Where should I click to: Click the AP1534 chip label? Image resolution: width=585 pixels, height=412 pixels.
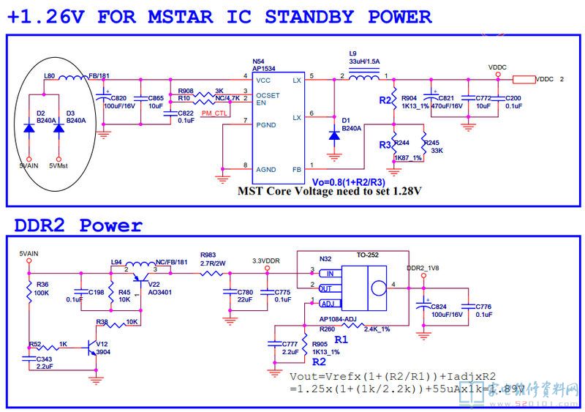pos(263,68)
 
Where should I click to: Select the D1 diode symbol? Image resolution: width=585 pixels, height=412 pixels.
pos(334,135)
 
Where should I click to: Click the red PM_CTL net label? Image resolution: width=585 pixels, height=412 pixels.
pos(214,113)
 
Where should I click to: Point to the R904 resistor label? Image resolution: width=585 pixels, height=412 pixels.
pos(409,97)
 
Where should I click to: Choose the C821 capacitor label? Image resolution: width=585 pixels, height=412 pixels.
pos(445,97)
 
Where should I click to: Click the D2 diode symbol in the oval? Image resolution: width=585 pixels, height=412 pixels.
pos(29,127)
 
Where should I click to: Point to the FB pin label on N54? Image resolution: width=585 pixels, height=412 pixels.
pos(296,169)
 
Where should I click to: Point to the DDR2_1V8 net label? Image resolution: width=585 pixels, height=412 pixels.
pos(422,269)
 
